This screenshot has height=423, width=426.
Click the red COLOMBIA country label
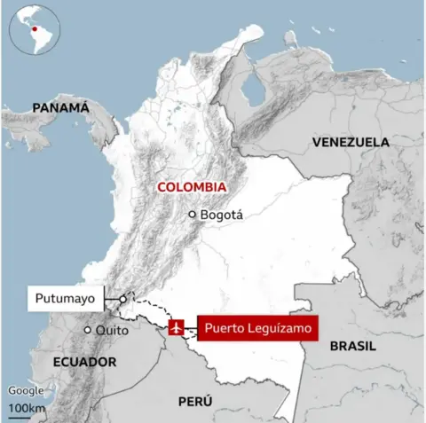tap(190, 187)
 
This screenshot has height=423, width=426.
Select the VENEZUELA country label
tap(350, 142)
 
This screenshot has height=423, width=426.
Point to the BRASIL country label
tap(352, 347)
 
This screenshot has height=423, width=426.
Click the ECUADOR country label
tap(85, 362)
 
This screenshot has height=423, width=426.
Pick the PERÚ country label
tap(194, 402)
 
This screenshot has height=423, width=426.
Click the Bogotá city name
tap(221, 215)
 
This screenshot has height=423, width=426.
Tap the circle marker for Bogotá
tap(192, 215)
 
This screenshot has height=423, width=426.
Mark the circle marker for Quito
tap(87, 331)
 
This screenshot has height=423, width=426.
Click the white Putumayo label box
tap(65, 299)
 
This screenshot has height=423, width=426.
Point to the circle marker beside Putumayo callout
tap(122, 299)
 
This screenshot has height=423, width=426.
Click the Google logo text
tap(25, 391)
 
